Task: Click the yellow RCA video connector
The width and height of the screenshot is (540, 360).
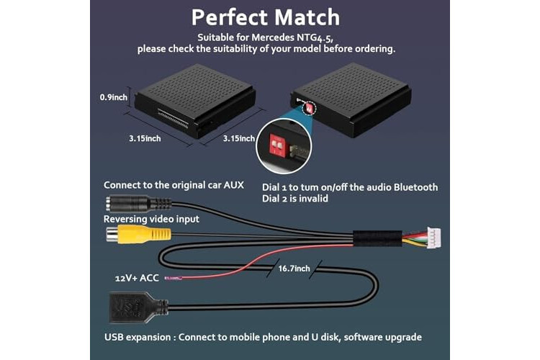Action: pyautogui.click(x=138, y=234)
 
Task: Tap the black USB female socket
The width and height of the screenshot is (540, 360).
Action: pyautogui.click(x=138, y=307)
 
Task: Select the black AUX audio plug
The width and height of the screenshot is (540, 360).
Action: pyautogui.click(x=138, y=203)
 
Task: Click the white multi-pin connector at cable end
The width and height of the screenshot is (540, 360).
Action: pyautogui.click(x=433, y=238)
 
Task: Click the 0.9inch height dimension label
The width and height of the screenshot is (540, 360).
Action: pyautogui.click(x=114, y=97)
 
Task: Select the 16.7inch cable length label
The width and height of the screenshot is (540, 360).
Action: pyautogui.click(x=294, y=269)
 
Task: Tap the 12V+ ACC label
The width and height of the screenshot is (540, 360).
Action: pyautogui.click(x=137, y=278)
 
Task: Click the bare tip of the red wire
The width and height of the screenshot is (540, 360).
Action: pyautogui.click(x=174, y=278)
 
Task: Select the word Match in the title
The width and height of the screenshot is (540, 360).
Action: pyautogui.click(x=307, y=17)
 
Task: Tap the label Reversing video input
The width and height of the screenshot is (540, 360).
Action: pyautogui.click(x=151, y=219)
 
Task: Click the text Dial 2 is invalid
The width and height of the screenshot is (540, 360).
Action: pyautogui.click(x=295, y=199)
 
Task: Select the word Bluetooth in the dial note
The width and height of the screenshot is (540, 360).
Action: pyautogui.click(x=415, y=187)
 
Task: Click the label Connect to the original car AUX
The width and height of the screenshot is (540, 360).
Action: pyautogui.click(x=174, y=185)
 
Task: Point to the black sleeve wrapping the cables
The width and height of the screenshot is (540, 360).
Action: pyautogui.click(x=377, y=238)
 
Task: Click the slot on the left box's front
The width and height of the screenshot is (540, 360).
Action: pyautogui.click(x=174, y=117)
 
